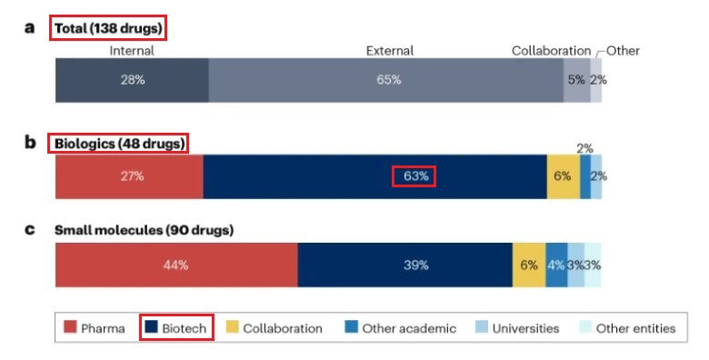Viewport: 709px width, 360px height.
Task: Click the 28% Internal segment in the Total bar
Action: tap(132, 80)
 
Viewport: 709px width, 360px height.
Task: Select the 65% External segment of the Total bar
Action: tap(386, 80)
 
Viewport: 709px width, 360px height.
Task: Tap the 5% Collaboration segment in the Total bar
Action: tap(577, 80)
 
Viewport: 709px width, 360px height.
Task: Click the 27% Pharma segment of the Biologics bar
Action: tap(129, 176)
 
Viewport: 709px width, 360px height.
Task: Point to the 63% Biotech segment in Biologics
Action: tap(375, 176)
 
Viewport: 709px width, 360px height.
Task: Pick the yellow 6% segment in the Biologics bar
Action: tap(564, 176)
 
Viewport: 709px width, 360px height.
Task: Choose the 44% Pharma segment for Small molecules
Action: tap(177, 265)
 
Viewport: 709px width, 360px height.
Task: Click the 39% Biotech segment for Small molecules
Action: tap(405, 265)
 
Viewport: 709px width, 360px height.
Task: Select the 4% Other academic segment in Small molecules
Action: tap(556, 265)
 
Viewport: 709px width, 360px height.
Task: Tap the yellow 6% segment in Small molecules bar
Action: tap(529, 265)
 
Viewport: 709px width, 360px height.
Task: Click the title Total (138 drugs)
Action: tap(108, 28)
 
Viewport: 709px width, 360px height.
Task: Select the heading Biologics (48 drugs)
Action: tap(119, 144)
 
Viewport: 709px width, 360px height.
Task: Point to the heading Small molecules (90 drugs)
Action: tap(144, 230)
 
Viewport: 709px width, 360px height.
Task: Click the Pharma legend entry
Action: tap(94, 328)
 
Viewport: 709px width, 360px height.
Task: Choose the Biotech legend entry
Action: tap(175, 328)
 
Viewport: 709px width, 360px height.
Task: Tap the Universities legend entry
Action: tap(517, 328)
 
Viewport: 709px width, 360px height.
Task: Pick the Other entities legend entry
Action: tap(627, 328)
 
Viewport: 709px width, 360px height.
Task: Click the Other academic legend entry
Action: tap(400, 328)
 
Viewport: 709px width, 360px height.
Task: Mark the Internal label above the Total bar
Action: tap(132, 51)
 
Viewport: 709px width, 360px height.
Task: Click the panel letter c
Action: tap(30, 230)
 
